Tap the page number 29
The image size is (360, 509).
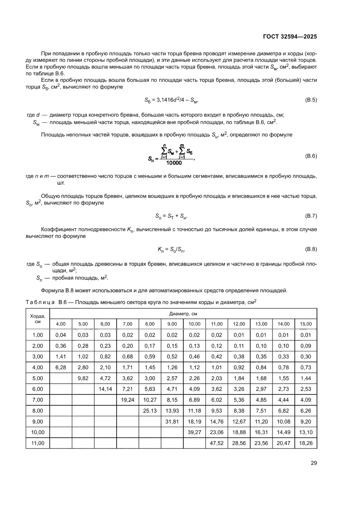(314, 463)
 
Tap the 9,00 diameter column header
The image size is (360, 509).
(172, 324)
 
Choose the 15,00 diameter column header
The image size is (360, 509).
(306, 324)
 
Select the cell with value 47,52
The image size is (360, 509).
(216, 443)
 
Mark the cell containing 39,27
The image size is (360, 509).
(194, 432)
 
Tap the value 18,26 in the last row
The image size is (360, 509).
(306, 443)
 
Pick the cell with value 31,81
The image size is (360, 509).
(172, 421)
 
